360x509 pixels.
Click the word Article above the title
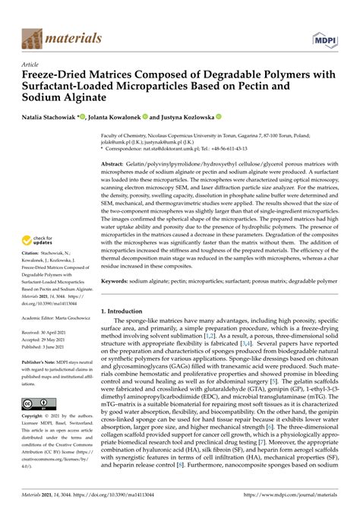(x=33, y=65)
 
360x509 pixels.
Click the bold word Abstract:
(x=115, y=163)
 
